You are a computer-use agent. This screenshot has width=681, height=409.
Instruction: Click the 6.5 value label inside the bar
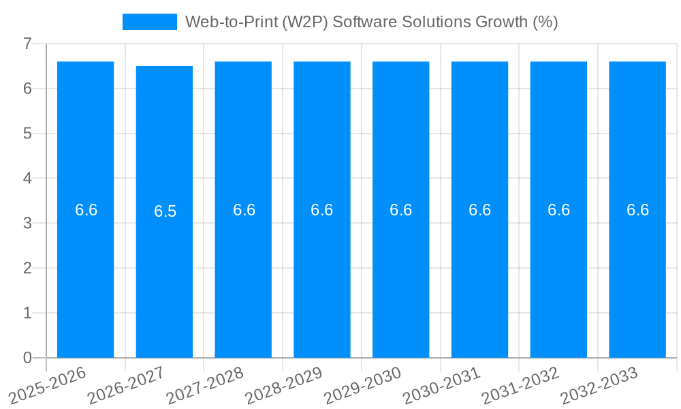pyautogui.click(x=165, y=211)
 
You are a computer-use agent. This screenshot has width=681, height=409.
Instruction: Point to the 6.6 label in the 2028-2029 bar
pyautogui.click(x=322, y=210)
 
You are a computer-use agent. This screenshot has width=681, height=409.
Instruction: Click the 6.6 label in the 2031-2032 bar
pyautogui.click(x=558, y=210)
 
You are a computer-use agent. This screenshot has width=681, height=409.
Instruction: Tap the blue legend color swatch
pyautogui.click(x=149, y=22)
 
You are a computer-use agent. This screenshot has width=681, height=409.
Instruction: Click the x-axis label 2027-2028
pyautogui.click(x=205, y=386)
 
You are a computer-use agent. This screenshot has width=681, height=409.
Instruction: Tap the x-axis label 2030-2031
pyautogui.click(x=442, y=386)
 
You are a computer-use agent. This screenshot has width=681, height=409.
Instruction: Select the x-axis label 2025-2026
pyautogui.click(x=48, y=386)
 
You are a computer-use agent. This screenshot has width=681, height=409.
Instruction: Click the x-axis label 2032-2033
pyautogui.click(x=599, y=386)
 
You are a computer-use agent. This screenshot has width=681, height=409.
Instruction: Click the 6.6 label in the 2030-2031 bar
pyautogui.click(x=479, y=210)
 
